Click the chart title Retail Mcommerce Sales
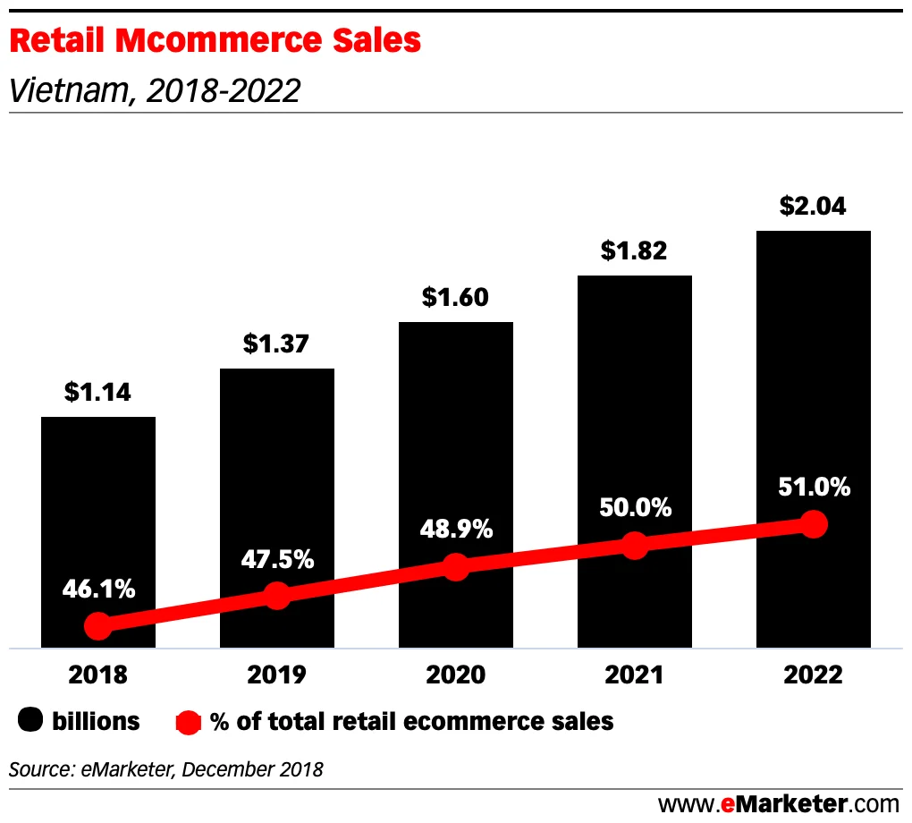pyautogui.click(x=215, y=40)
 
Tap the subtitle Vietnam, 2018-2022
pyautogui.click(x=154, y=90)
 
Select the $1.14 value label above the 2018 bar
pyautogui.click(x=97, y=392)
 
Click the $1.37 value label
pyautogui.click(x=276, y=344)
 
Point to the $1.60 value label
pyautogui.click(x=455, y=297)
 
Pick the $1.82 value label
pyautogui.click(x=634, y=250)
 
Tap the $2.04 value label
pyautogui.click(x=813, y=206)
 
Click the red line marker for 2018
pyautogui.click(x=98, y=626)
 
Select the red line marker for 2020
pyautogui.click(x=456, y=567)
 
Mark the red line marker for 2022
pyautogui.click(x=813, y=524)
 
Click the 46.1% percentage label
pyautogui.click(x=98, y=590)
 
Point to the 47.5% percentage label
pyautogui.click(x=277, y=560)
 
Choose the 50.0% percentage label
pyautogui.click(x=635, y=508)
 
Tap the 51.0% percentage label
pyautogui.click(x=814, y=488)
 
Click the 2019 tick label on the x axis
pyautogui.click(x=277, y=675)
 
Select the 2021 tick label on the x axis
pyautogui.click(x=635, y=675)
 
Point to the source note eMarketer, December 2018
pyautogui.click(x=166, y=768)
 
